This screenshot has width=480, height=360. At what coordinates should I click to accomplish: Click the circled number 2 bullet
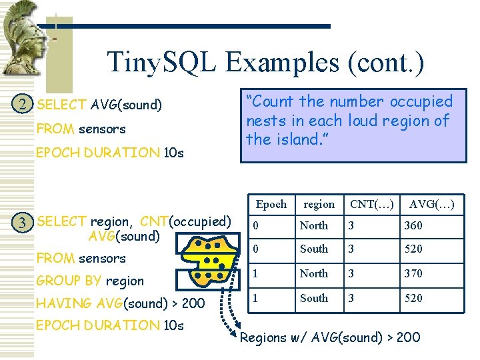point(23,105)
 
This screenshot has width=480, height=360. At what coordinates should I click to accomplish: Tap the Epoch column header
point(271,205)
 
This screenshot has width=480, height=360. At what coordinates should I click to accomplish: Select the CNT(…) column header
point(371,205)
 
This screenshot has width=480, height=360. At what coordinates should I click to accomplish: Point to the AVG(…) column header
point(431,205)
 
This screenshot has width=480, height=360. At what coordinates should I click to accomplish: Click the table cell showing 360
point(413,226)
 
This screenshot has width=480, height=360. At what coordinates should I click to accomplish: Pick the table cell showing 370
point(413,273)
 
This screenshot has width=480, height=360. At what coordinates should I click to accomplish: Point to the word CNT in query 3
point(154,222)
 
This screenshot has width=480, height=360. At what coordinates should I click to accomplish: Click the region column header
point(319,205)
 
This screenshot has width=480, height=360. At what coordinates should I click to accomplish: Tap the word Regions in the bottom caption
point(264,337)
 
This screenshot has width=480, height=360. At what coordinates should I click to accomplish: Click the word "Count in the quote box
point(271,102)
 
